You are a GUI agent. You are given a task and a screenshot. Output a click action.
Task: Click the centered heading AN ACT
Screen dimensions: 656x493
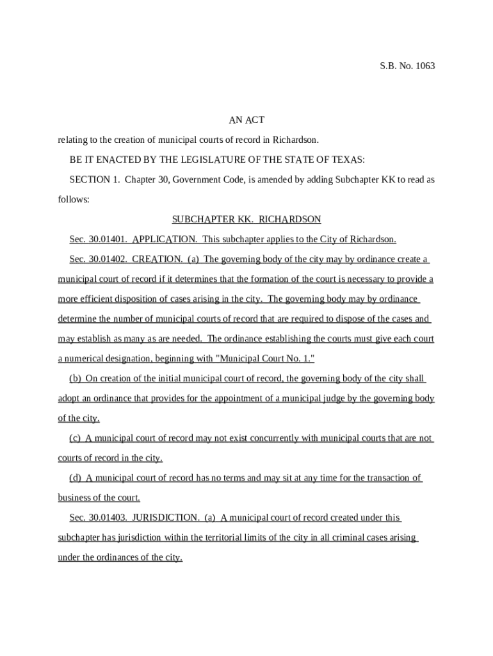pos(247,120)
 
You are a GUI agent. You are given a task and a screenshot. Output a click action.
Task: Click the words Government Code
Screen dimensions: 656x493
pos(211,179)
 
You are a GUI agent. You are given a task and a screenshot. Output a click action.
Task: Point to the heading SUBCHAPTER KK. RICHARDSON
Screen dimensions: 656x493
pos(247,219)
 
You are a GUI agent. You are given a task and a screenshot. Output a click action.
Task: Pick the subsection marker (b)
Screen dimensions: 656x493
pos(75,379)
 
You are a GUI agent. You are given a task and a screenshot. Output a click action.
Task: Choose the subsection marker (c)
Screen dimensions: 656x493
pos(75,438)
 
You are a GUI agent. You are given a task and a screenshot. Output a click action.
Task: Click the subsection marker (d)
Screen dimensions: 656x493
pos(75,478)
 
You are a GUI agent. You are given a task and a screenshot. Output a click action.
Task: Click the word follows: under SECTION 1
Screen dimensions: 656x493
pos(74,199)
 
